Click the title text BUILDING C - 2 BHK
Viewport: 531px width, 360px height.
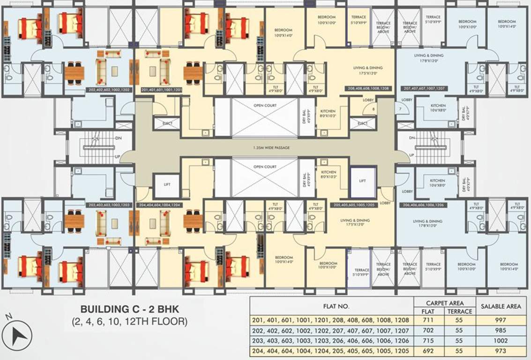pos(130,309)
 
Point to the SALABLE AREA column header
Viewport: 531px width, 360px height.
pos(501,306)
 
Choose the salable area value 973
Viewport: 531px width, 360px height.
pos(501,351)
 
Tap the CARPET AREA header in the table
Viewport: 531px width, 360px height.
pos(444,302)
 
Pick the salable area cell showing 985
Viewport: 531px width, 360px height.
pos(501,331)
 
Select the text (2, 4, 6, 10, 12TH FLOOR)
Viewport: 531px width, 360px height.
pos(130,322)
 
